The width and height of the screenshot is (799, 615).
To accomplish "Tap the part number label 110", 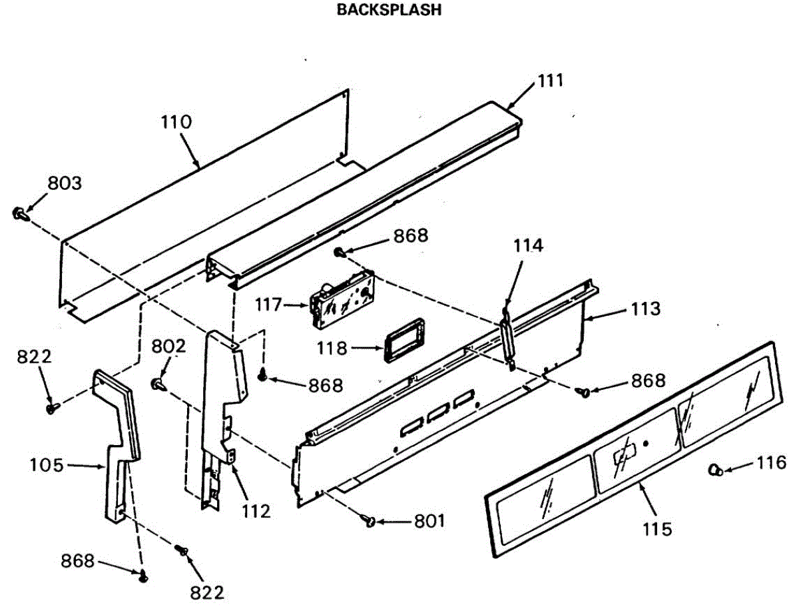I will [x=176, y=122].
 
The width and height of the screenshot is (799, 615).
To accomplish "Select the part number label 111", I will [x=551, y=81].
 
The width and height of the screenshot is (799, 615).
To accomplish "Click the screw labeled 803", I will [x=19, y=213].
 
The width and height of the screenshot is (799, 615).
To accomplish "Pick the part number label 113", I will [x=647, y=309].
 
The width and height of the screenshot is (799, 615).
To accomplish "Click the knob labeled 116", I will [x=715, y=470].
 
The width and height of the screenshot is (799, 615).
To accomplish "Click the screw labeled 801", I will [x=369, y=521].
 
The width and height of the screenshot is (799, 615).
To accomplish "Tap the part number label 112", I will [x=256, y=512].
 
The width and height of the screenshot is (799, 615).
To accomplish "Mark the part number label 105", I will [x=47, y=465].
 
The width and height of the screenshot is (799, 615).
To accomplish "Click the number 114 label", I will [x=527, y=246].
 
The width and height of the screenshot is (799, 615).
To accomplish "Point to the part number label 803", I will [x=64, y=183].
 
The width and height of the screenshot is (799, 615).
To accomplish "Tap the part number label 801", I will [x=429, y=521].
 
